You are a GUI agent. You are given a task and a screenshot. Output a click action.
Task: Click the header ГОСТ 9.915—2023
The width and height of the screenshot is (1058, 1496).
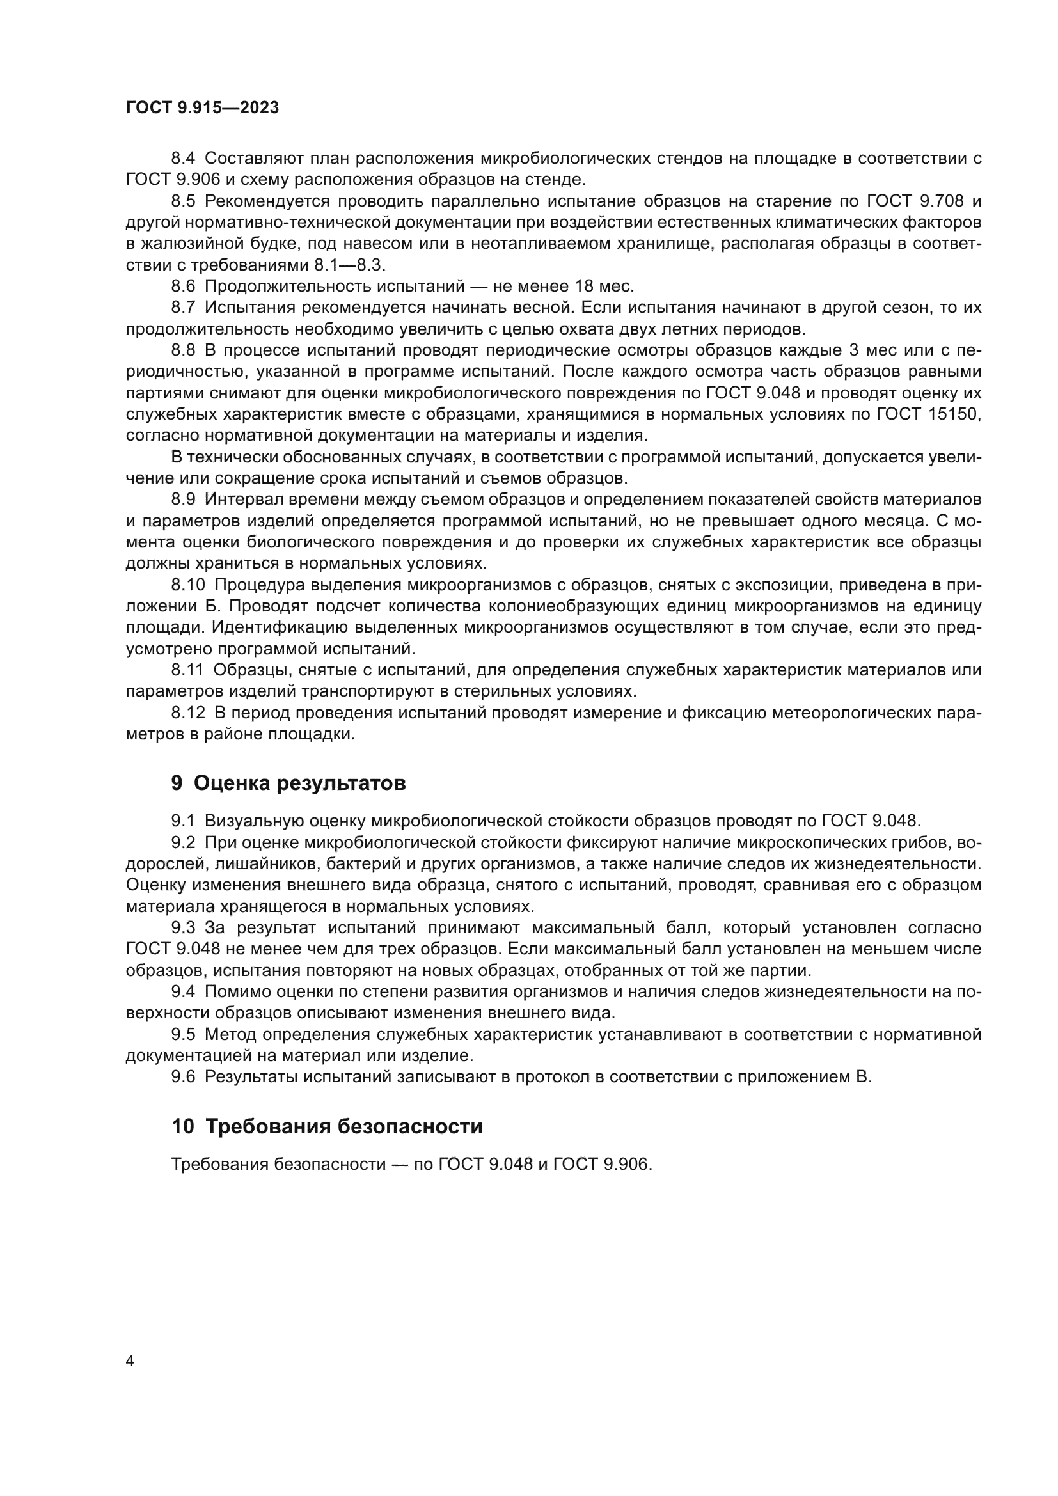pos(202,108)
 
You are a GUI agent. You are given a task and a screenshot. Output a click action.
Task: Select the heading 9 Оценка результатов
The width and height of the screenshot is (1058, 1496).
pos(288,782)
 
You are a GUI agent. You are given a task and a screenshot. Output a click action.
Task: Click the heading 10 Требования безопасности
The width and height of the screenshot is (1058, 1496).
pos(326,1126)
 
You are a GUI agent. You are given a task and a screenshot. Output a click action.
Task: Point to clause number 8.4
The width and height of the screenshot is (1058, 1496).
pos(183,159)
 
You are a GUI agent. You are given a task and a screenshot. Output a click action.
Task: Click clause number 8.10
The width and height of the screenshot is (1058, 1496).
pos(187,585)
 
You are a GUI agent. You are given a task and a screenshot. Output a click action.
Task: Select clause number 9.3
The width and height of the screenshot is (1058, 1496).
pos(183,927)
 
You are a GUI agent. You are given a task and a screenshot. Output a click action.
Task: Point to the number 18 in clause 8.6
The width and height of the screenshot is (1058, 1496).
pos(585,286)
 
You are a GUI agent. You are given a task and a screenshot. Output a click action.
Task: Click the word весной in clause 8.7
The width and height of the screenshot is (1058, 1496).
pos(539,308)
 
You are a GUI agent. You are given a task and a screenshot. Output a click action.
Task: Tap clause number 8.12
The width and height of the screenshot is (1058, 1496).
pos(187,713)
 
